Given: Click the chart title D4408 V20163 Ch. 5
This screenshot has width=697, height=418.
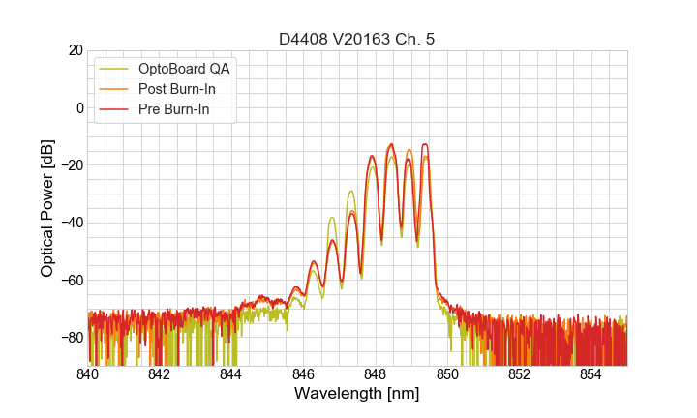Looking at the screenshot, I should [357, 39].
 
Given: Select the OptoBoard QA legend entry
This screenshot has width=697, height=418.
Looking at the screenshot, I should [185, 69].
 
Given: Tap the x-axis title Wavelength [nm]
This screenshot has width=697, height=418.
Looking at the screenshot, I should [357, 395].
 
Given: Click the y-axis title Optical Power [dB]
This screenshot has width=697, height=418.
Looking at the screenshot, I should [47, 208].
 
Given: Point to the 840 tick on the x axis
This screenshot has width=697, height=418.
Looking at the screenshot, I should [87, 374].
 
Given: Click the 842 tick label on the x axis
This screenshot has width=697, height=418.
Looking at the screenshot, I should [159, 374].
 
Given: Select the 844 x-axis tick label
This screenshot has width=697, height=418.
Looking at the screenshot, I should [230, 374].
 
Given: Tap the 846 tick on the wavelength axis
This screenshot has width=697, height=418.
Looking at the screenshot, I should [303, 374].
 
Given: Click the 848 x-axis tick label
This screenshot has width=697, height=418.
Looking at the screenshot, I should [375, 374].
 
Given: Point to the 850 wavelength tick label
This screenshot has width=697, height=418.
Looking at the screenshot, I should [447, 374].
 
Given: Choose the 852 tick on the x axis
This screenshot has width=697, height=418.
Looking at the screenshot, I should [519, 374].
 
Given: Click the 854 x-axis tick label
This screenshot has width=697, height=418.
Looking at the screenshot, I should [591, 374].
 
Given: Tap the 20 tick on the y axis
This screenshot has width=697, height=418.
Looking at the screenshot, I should [74, 50].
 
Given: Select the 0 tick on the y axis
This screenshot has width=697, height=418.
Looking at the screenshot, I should [77, 107].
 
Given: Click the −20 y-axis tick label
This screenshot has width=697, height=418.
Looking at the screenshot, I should [70, 165].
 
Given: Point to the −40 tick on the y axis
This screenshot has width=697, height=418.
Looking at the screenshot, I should [70, 223].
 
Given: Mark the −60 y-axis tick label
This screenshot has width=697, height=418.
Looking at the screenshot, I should [70, 281].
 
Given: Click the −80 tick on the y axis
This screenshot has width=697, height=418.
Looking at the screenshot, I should [70, 338].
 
